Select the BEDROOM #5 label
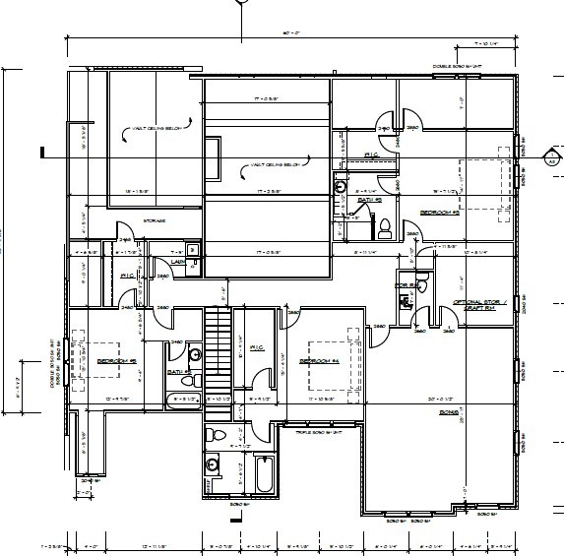point(111,361)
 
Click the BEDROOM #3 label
point(434,213)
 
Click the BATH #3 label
point(368,200)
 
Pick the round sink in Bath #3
point(341,186)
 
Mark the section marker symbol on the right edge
point(550,154)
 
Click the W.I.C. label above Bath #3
point(371,154)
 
